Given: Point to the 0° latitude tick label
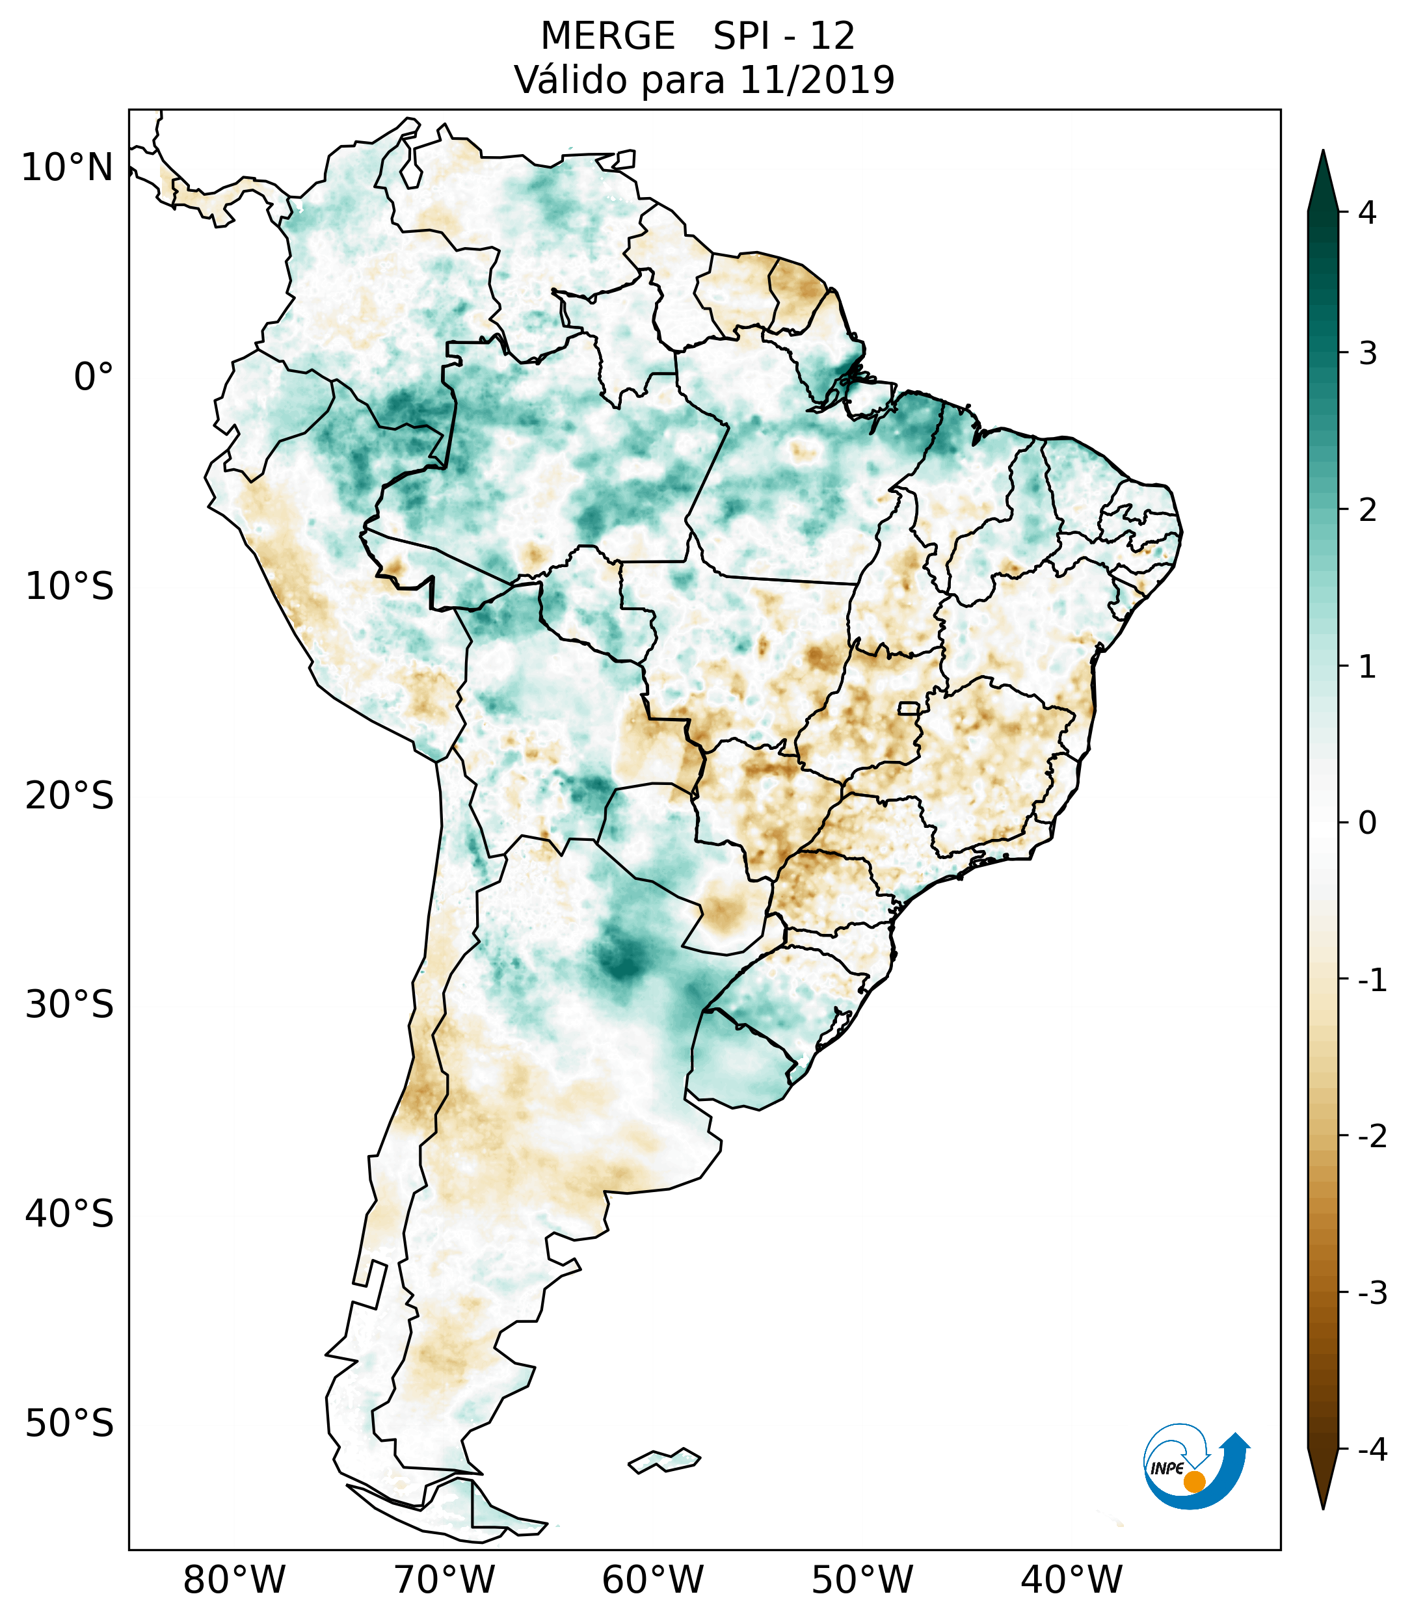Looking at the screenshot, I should [94, 377].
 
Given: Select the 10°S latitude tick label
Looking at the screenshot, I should [70, 587].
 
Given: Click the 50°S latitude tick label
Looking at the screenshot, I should [70, 1425].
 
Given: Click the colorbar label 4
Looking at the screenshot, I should [1367, 213].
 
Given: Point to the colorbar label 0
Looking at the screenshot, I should [1367, 823].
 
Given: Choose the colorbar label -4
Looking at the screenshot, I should [1372, 1450].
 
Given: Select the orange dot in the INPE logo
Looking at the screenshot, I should [1193, 1481].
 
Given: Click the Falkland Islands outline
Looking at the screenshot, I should [664, 1460].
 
